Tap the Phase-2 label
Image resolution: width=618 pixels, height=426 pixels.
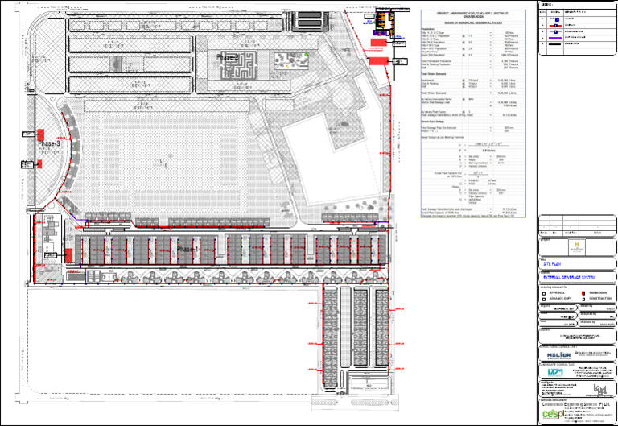pyautogui.click(x=227, y=59)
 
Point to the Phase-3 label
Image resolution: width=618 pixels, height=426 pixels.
pyautogui.click(x=52, y=143)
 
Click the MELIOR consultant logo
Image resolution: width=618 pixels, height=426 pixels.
pyautogui.click(x=558, y=354)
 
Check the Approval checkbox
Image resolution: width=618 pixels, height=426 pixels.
pyautogui.click(x=544, y=292)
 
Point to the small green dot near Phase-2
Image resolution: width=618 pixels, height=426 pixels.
pyautogui.click(x=307, y=55)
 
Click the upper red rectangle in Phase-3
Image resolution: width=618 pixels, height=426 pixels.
pyautogui.click(x=39, y=134)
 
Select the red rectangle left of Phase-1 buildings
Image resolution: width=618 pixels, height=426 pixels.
pyautogui.click(x=70, y=254)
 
